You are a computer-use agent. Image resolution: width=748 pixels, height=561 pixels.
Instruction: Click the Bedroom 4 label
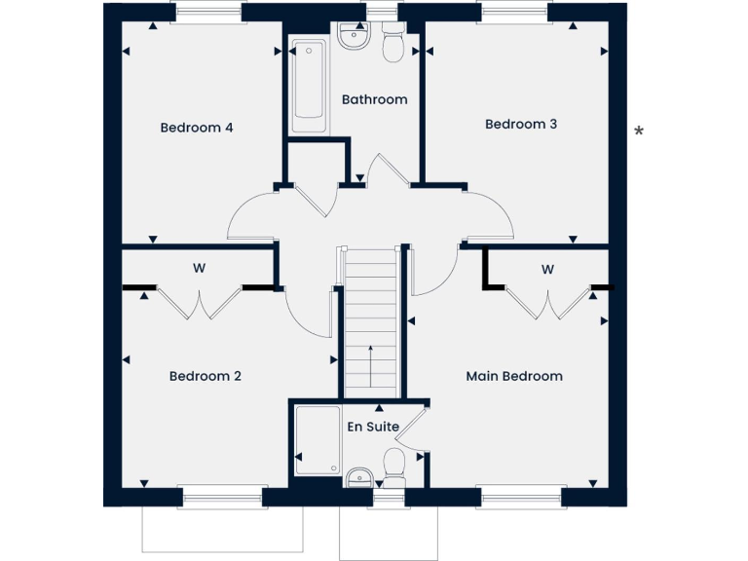[196, 128]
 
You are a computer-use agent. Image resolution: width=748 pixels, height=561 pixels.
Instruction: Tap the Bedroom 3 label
[521, 124]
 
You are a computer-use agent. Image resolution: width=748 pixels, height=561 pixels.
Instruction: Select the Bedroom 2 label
[205, 376]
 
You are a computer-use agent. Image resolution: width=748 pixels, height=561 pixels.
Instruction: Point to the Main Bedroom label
[514, 376]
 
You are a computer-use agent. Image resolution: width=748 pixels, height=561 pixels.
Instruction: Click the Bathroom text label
[374, 99]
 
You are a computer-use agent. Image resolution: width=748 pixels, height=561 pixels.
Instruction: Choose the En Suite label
[373, 427]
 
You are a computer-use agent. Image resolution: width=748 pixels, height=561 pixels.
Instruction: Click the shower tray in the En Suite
[317, 442]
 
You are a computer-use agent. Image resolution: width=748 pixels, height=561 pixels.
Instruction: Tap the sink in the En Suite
[358, 477]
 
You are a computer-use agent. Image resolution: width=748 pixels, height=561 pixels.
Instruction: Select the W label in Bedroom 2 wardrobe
[199, 268]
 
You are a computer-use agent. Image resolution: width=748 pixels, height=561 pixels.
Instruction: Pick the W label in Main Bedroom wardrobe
[547, 269]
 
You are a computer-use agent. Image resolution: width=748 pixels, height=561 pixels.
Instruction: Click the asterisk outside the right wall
[639, 131]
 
